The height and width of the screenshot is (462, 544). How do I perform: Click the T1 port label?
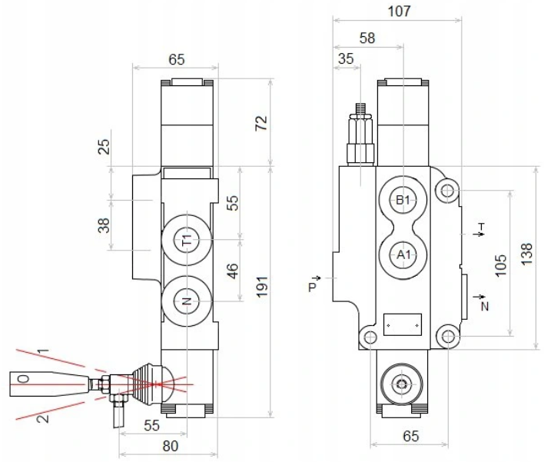tap(187, 240)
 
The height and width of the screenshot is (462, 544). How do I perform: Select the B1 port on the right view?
tap(402, 200)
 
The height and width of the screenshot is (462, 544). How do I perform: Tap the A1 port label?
tap(402, 254)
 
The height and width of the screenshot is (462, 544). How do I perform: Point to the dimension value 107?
tap(400, 12)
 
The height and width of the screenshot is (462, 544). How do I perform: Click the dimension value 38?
tap(104, 225)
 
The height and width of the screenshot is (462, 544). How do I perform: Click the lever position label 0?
tap(22, 379)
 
